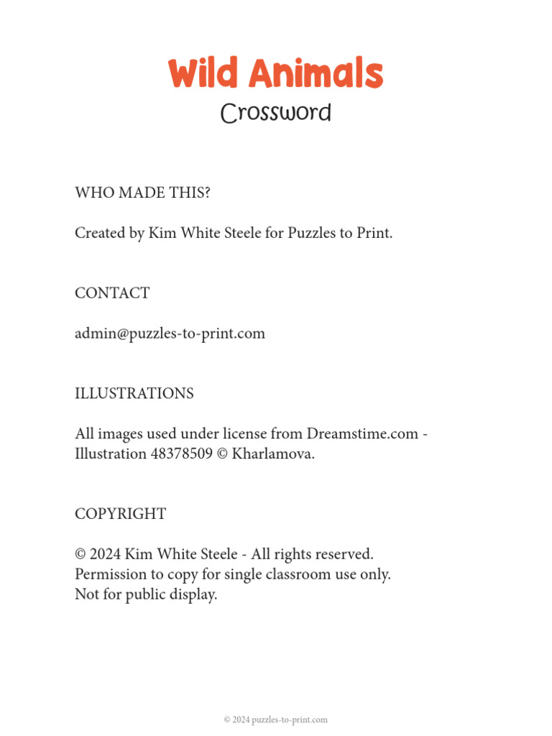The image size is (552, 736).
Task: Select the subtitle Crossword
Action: (276, 113)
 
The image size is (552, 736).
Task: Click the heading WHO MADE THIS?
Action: (142, 193)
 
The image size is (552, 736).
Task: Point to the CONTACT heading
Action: (112, 293)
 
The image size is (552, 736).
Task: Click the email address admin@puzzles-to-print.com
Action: (170, 333)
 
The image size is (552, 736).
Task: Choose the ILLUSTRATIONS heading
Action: (134, 394)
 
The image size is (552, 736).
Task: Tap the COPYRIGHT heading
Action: (120, 514)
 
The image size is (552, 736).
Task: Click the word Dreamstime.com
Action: (362, 434)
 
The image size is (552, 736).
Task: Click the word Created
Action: (99, 233)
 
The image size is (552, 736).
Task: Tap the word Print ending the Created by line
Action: (374, 233)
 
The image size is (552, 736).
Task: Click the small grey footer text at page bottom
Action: (276, 719)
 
